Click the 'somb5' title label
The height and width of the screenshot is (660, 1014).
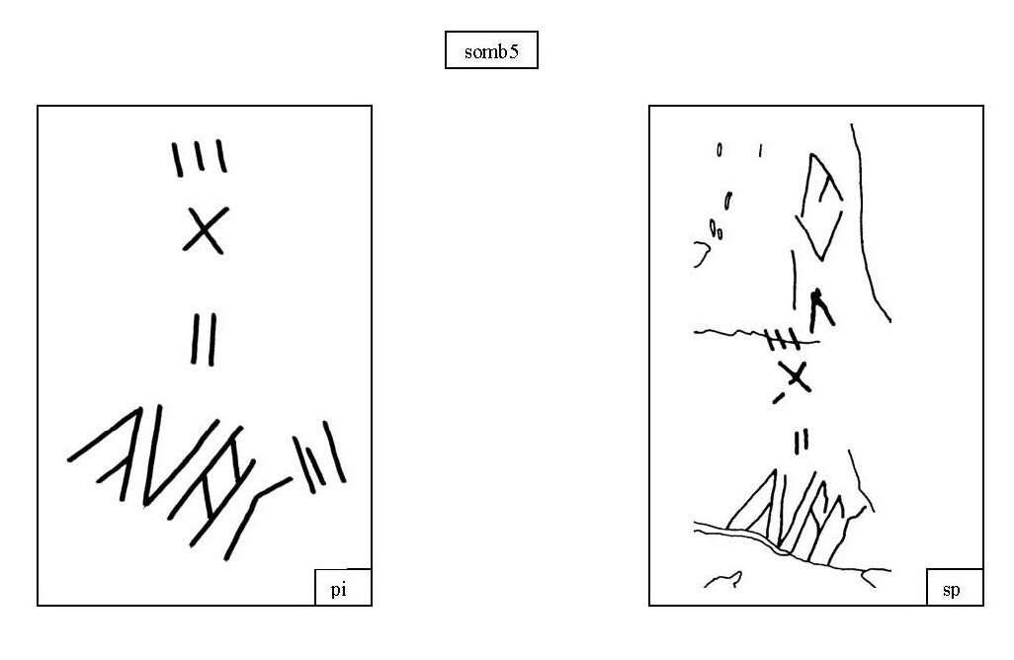tap(491, 49)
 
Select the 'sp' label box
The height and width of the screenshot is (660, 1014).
tap(955, 588)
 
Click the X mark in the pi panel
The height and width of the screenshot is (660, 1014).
tap(206, 230)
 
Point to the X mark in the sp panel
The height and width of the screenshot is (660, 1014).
tap(795, 376)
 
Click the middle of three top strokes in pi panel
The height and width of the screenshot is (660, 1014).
tap(200, 156)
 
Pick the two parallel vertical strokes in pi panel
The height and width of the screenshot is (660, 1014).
tap(204, 339)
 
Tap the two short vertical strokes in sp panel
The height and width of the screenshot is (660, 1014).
tap(802, 441)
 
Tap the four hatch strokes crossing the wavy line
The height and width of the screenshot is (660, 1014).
tap(782, 339)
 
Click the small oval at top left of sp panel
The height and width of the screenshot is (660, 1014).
tap(719, 150)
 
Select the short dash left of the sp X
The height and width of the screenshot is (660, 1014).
tap(779, 398)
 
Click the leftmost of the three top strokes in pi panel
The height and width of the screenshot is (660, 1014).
tap(177, 160)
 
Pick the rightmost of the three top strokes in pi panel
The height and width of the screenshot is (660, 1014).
tap(221, 156)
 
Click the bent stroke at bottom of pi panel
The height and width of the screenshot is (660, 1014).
tap(257, 519)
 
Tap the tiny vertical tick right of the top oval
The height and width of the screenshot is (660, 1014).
tap(761, 150)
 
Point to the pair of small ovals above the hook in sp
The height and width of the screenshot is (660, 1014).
tap(716, 229)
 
